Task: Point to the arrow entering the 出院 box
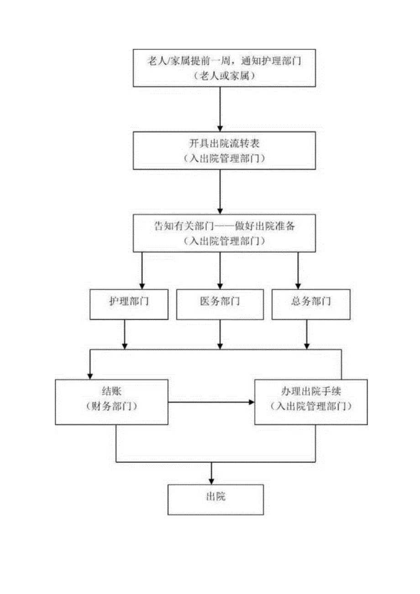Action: [211, 475]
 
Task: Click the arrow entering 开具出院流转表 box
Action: [220, 110]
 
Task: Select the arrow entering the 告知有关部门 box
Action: [220, 192]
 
